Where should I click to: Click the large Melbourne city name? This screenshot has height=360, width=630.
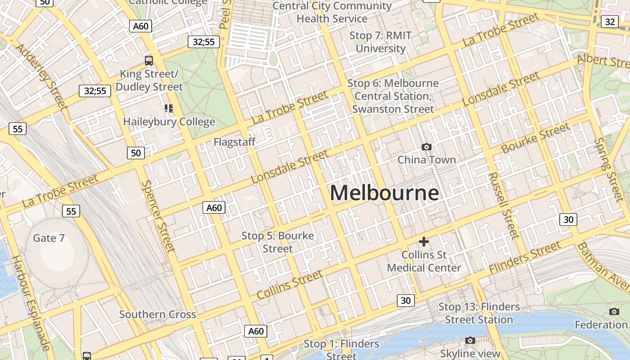384,193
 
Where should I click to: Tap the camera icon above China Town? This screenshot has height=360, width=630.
426,147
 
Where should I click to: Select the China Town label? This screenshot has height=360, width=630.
426,160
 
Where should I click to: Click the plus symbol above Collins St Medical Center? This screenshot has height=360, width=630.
423,242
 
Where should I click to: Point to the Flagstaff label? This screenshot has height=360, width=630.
234,142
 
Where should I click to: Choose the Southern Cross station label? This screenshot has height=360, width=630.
157,315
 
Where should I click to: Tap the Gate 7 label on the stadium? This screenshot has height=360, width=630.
49,238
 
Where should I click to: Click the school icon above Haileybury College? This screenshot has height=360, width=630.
169,108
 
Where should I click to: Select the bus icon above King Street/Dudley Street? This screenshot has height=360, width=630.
149,60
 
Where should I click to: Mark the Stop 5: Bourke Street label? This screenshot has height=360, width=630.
278,242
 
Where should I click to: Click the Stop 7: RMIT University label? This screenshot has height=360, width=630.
381,42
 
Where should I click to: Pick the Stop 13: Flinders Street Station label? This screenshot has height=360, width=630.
479,313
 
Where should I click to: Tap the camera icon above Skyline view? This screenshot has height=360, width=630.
470,341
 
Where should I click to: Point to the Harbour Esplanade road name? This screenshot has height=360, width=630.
31,303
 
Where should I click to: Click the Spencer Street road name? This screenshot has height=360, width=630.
157,216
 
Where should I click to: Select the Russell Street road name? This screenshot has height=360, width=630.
504,205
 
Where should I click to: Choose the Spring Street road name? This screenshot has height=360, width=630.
609,169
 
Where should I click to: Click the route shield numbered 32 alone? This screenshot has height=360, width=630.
610,22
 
